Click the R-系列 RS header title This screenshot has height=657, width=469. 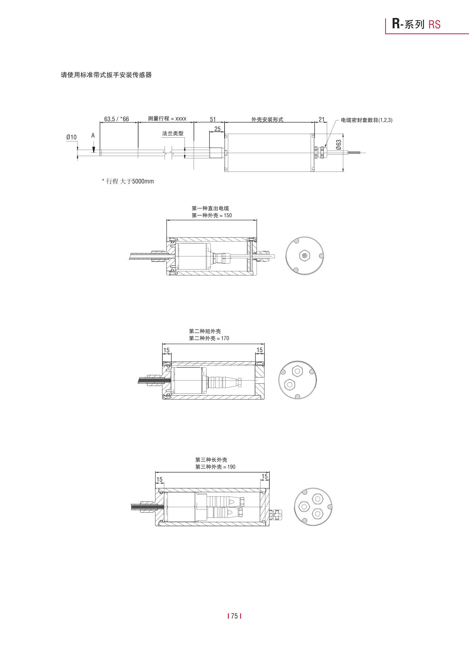tap(416, 24)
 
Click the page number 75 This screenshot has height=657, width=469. tap(234, 616)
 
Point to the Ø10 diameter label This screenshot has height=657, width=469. tap(71, 137)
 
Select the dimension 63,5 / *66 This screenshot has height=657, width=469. tap(117, 119)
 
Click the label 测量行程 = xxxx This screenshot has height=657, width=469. tap(167, 119)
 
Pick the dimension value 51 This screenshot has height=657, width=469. tap(213, 119)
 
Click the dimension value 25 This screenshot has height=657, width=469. tap(217, 129)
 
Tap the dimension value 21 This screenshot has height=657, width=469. tap(322, 119)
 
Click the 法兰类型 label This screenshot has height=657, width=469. tap(173, 133)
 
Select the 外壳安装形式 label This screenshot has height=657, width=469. tap(267, 119)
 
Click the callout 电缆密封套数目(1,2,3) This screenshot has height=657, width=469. tap(366, 120)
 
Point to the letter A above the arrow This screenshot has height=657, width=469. tap(93, 136)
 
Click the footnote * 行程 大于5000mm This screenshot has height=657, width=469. tap(128, 181)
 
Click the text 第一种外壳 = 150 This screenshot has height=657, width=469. tap(212, 216)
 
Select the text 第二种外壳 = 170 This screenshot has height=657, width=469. tap(209, 338)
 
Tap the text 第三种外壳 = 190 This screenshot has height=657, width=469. tap(215, 467)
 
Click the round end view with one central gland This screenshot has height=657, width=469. tap(304, 256)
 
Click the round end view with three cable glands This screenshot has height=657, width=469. tap(313, 507)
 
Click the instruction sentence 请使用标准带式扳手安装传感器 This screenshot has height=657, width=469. tap(106, 75)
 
